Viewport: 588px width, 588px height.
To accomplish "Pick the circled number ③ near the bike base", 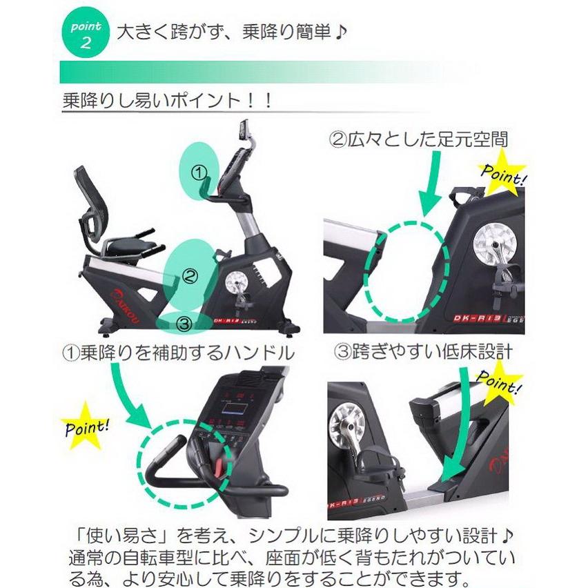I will (183, 322).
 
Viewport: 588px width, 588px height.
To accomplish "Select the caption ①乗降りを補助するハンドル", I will (178, 353).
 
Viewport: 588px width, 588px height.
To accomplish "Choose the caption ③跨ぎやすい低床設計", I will (424, 352).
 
